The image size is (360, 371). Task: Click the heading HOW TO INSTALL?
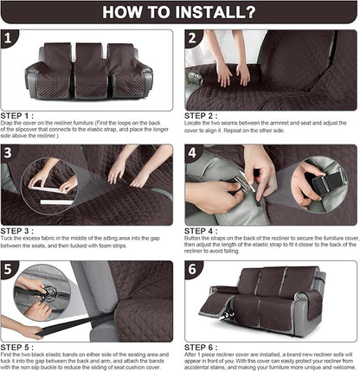tap(180, 12)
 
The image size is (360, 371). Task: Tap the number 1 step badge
tap(11, 40)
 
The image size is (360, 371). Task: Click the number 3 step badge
tap(11, 154)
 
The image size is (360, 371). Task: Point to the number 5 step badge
tap(11, 270)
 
